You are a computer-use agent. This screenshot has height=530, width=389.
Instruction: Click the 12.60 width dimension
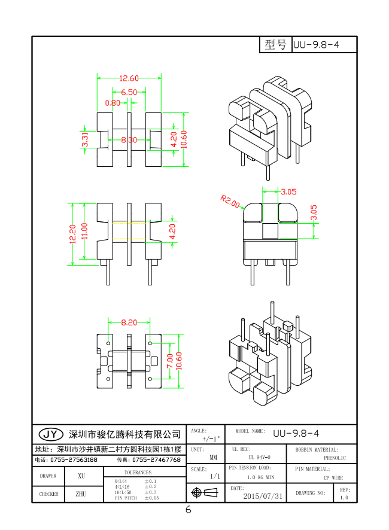pyautogui.click(x=129, y=78)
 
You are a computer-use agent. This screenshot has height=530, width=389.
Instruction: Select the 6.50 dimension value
pyautogui.click(x=129, y=92)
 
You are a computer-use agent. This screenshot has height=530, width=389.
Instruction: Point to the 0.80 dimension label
pyautogui.click(x=112, y=103)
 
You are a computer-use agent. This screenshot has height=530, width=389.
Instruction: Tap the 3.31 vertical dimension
pyautogui.click(x=86, y=139)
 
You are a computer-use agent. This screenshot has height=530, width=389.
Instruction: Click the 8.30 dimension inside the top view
pyautogui.click(x=129, y=140)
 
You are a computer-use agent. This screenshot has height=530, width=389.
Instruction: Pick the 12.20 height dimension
pyautogui.click(x=72, y=234)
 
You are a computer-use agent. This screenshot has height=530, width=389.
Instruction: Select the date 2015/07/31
pyautogui.click(x=263, y=496)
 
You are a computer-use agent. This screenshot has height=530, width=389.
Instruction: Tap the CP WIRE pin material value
pyautogui.click(x=334, y=477)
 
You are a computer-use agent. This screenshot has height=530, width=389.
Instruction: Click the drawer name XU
pyautogui.click(x=81, y=476)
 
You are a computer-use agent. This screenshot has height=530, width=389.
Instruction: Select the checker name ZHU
pyautogui.click(x=81, y=494)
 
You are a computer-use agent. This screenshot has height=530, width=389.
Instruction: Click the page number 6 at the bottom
pyautogui.click(x=188, y=510)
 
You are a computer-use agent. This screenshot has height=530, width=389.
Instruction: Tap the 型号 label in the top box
pyautogui.click(x=275, y=45)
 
